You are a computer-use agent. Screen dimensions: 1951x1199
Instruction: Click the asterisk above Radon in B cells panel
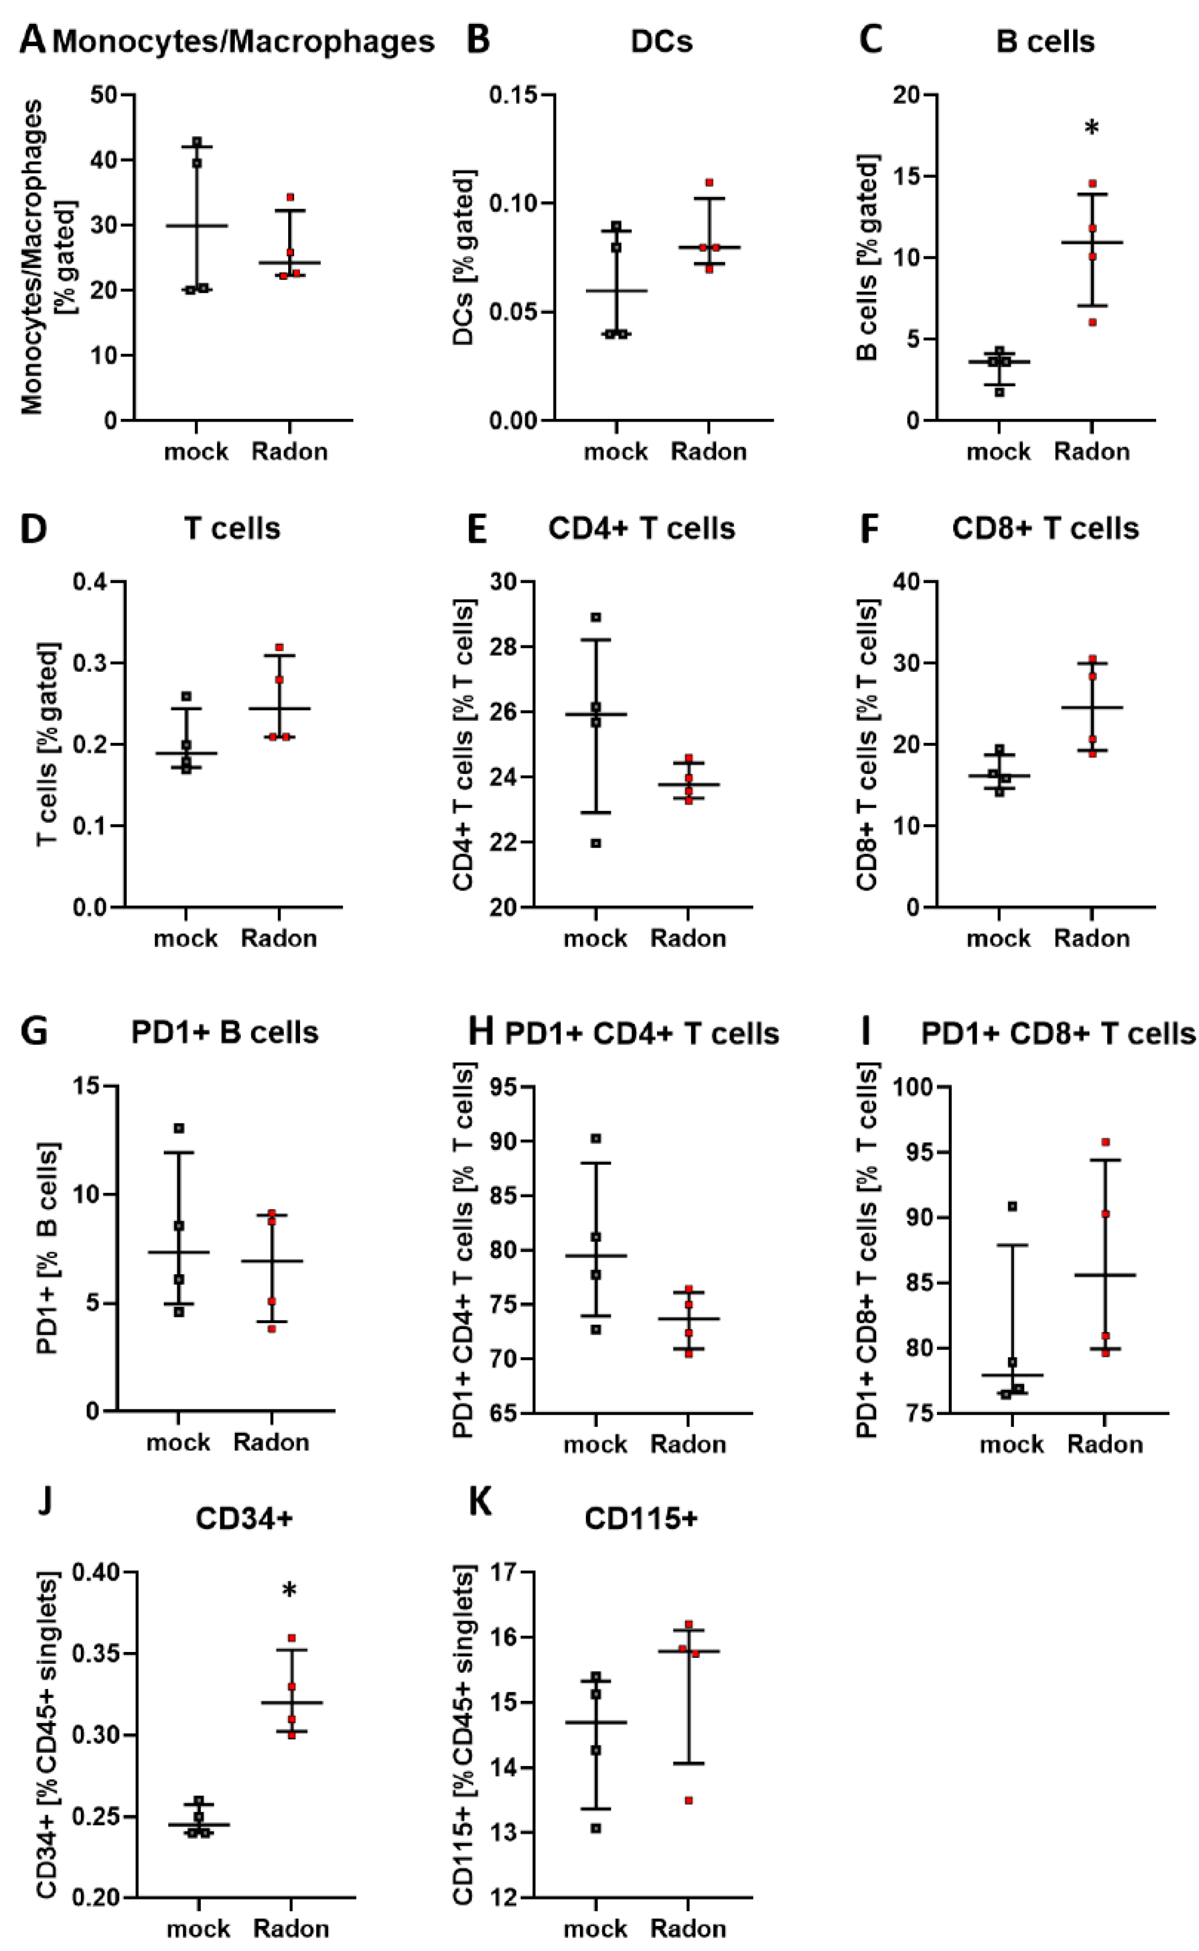pos(1092,128)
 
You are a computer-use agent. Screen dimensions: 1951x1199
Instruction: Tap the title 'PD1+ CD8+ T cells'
pos(1058,1033)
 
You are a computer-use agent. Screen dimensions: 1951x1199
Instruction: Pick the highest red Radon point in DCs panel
pos(709,182)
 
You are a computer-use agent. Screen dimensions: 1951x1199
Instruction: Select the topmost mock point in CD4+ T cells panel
pos(596,617)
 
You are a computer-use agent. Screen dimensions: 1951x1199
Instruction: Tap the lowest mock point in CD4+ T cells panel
pos(596,843)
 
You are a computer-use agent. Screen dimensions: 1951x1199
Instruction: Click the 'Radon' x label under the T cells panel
pos(278,939)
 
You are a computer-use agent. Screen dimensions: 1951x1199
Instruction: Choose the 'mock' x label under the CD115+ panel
pos(596,1929)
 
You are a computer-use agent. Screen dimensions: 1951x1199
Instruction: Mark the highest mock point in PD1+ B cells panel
pos(179,1128)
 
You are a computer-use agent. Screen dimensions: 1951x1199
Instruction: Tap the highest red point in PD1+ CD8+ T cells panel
pos(1106,1142)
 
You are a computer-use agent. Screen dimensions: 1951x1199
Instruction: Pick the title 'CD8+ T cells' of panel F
pos(1045,528)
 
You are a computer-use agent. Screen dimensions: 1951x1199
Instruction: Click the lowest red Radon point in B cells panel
pos(1092,322)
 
